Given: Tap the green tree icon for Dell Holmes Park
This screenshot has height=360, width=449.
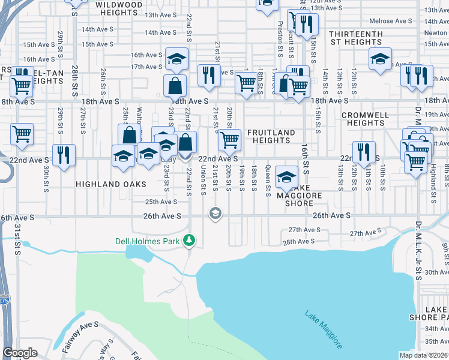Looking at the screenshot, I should pyautogui.click(x=190, y=241).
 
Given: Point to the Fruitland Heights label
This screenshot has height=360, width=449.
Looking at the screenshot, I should pyautogui.click(x=271, y=136).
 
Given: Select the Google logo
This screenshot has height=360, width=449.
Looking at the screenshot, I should pyautogui.click(x=20, y=353).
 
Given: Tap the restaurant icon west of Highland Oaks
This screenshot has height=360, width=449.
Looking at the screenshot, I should pyautogui.click(x=64, y=155).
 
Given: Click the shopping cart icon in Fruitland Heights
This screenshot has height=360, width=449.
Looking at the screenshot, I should pyautogui.click(x=229, y=140).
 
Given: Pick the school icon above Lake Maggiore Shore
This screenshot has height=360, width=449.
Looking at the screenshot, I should pyautogui.click(x=287, y=177).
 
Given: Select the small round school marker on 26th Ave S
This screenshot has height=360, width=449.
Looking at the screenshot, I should pyautogui.click(x=215, y=214).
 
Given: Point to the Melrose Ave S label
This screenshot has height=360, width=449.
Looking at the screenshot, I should pyautogui.click(x=391, y=21).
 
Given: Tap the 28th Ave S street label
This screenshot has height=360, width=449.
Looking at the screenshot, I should pyautogui.click(x=299, y=241).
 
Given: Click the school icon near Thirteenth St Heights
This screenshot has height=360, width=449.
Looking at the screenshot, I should pyautogui.click(x=380, y=59).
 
